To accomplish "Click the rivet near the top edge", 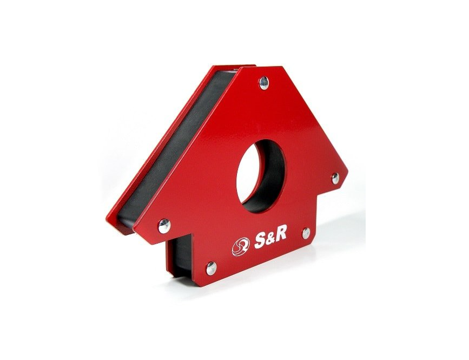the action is tap(264, 83).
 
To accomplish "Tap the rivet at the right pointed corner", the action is tap(335, 178).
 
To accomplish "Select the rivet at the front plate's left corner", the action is tap(164, 226).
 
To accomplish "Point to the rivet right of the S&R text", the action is tap(306, 233).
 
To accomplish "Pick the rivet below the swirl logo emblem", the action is tap(211, 267).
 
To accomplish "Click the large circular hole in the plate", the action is tap(260, 176).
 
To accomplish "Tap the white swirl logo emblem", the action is tap(241, 246).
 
